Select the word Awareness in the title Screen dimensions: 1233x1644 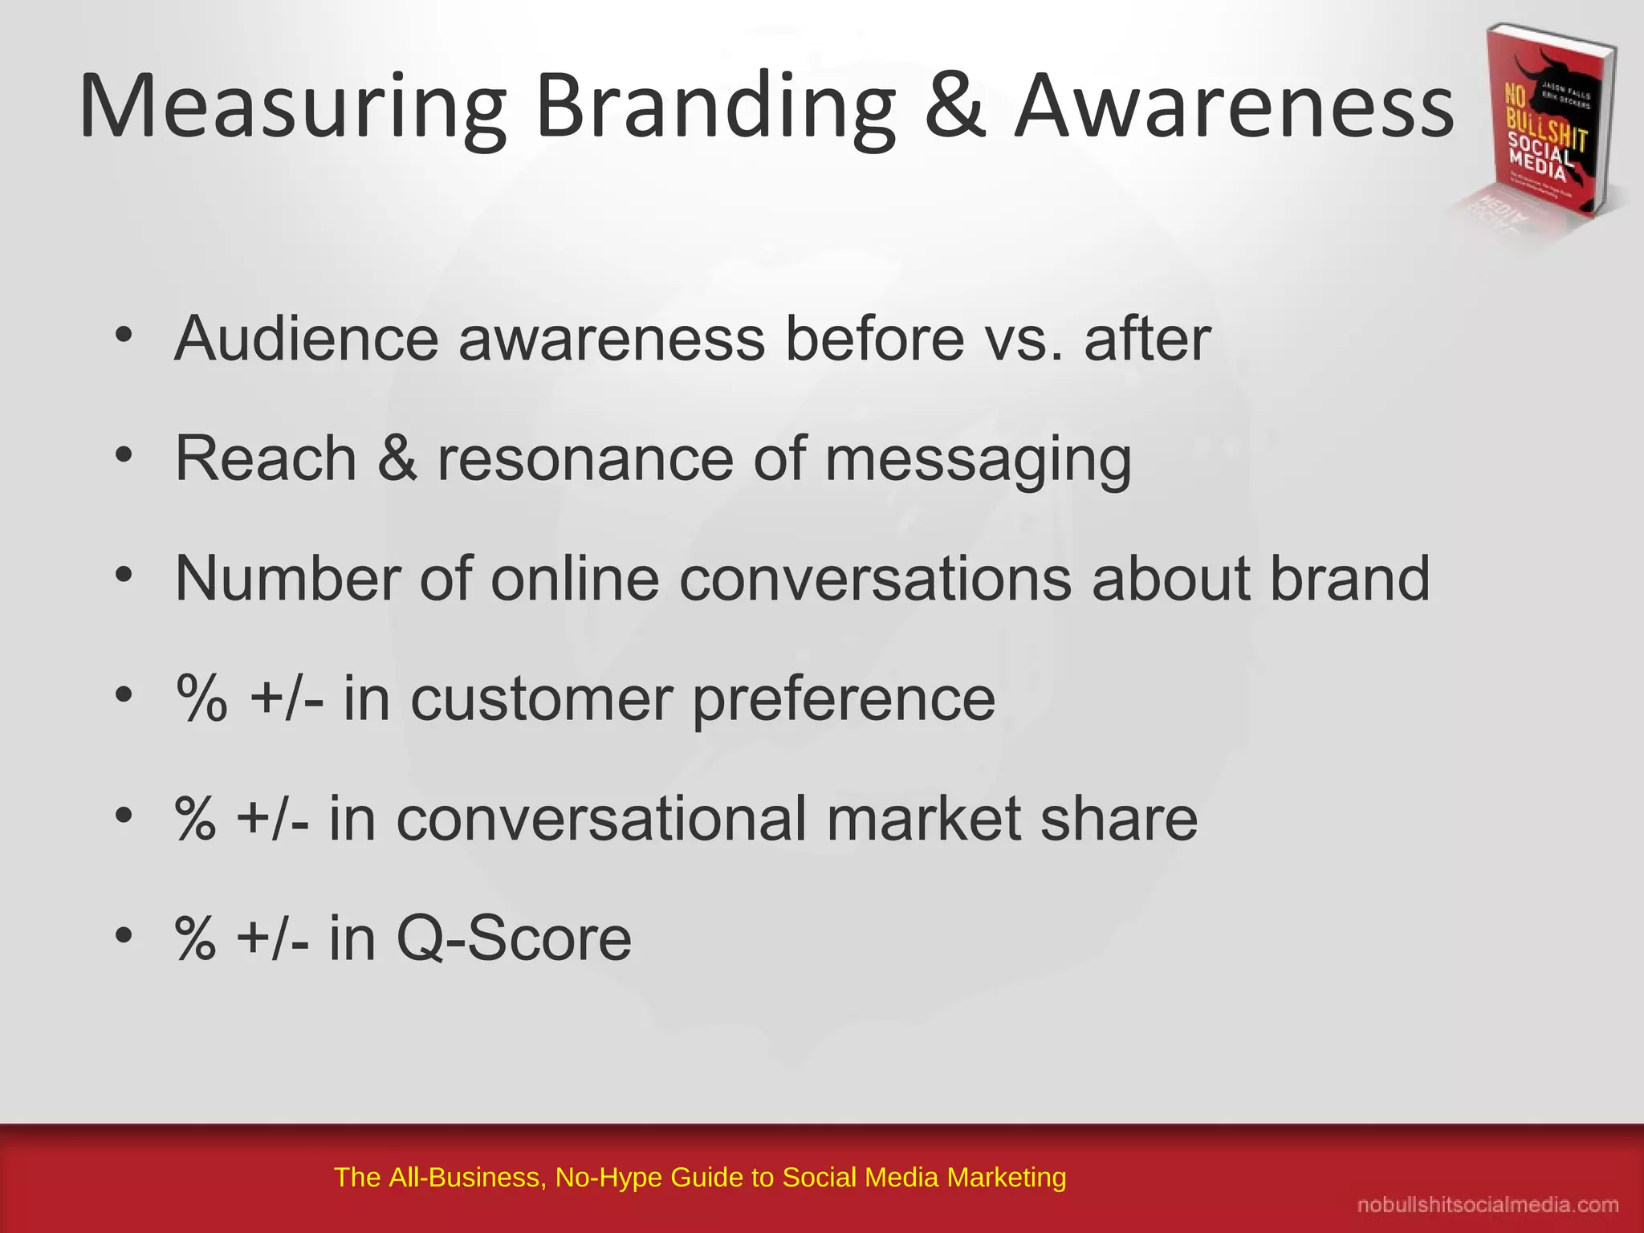[x=1234, y=107]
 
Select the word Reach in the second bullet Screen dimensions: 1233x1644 [x=266, y=458]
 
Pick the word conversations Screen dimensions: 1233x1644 [x=875, y=578]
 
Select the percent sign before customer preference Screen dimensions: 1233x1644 [x=201, y=698]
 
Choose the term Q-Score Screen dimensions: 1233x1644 [x=514, y=938]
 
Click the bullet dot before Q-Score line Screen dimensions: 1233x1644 [x=123, y=935]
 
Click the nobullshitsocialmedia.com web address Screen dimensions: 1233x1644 [x=1487, y=1205]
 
